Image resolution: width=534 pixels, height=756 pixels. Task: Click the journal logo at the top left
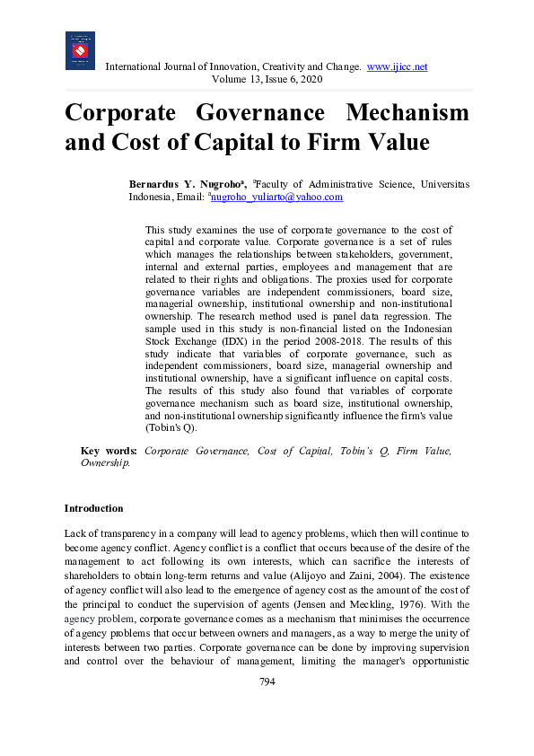coord(80,50)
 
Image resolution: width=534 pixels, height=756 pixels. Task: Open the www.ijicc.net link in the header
coord(397,66)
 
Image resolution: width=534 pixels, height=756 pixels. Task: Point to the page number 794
coord(267,681)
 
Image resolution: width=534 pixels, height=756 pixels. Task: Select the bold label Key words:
coord(109,451)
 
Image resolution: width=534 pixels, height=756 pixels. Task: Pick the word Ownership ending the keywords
coord(105,463)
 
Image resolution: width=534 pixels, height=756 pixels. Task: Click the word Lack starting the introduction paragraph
coord(76,533)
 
